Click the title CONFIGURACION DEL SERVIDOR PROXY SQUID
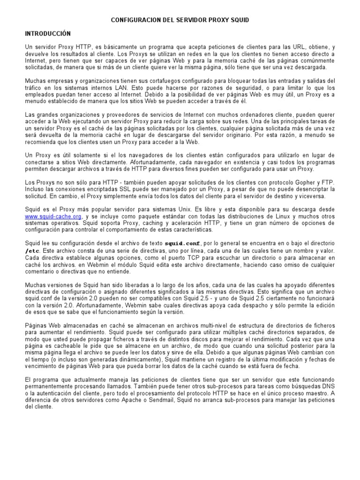180,20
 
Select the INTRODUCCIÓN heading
47,34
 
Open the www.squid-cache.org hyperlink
53,216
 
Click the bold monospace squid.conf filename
182,244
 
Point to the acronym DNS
328,387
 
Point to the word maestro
316,393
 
